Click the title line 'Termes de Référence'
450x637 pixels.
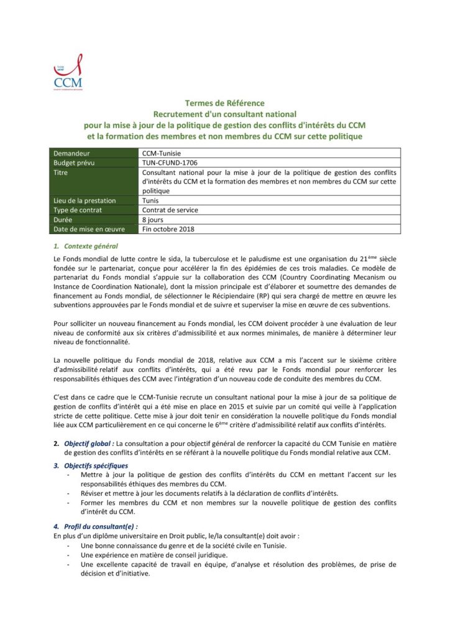click(x=224, y=103)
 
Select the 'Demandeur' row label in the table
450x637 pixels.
click(x=72, y=153)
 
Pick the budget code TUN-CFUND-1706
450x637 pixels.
click(x=171, y=162)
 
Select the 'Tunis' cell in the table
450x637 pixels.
click(x=151, y=200)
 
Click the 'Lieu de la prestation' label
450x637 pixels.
click(x=85, y=200)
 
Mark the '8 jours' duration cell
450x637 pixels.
click(x=154, y=220)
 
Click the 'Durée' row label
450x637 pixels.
click(x=65, y=220)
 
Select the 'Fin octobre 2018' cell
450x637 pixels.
click(x=168, y=229)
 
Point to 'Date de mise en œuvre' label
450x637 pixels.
click(x=90, y=229)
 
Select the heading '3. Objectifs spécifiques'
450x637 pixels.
click(x=92, y=465)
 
